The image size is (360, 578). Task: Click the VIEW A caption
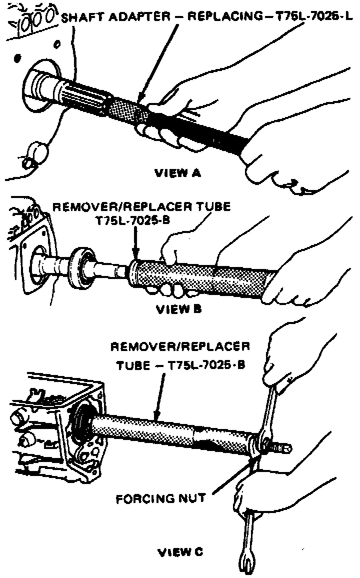pyautogui.click(x=178, y=173)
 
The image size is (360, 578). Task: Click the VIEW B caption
pyautogui.click(x=178, y=309)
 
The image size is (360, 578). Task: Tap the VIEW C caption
pyautogui.click(x=180, y=552)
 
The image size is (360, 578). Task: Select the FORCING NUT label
pyautogui.click(x=161, y=498)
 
